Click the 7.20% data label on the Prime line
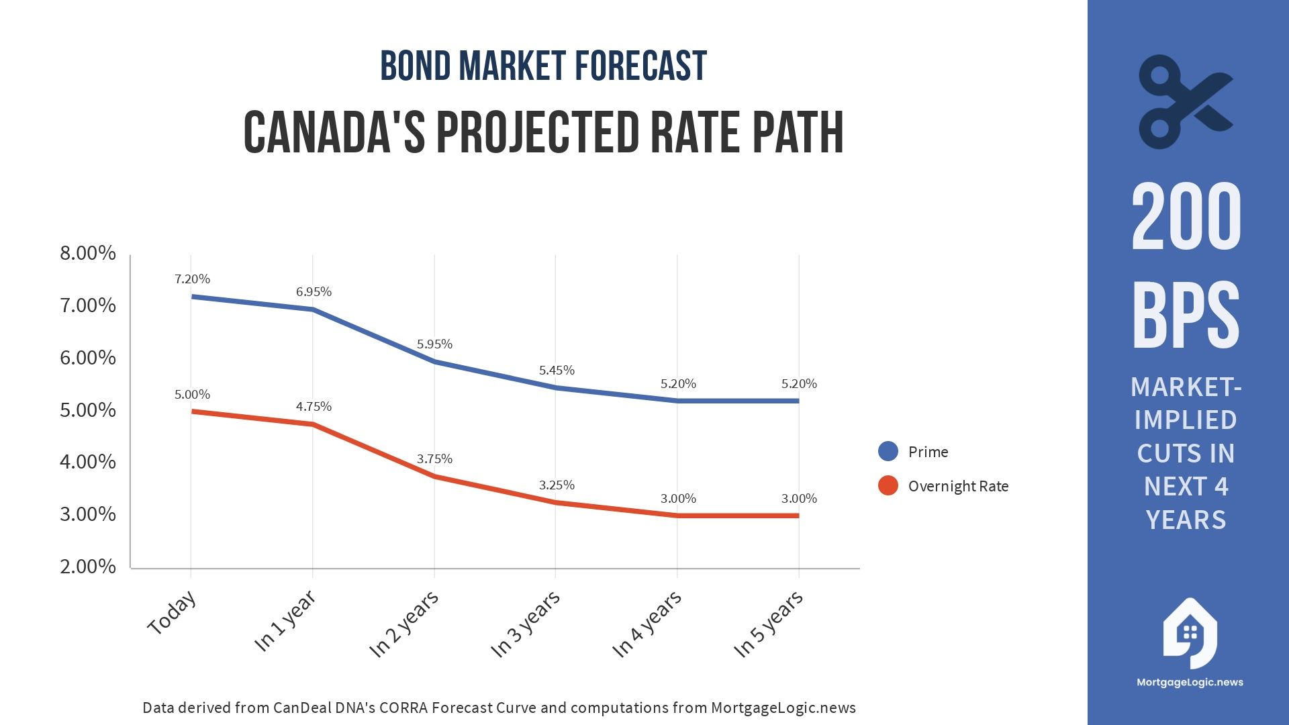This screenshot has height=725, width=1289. (192, 279)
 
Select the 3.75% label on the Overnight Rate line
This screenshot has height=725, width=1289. (434, 459)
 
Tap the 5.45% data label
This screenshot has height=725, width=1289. (557, 371)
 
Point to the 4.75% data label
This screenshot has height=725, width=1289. (314, 407)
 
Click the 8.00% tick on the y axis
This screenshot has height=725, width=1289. (88, 253)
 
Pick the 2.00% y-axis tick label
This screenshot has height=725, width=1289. (88, 567)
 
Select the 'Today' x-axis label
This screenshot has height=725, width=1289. (173, 612)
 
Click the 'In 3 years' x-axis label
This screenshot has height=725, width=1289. (526, 624)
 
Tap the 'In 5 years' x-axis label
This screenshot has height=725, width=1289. (768, 624)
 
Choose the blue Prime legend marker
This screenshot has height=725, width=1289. (888, 451)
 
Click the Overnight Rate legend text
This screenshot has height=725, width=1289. (958, 486)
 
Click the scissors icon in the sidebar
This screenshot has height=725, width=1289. (1185, 102)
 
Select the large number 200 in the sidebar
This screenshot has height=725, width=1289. (1186, 216)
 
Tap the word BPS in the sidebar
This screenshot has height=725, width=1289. (1186, 316)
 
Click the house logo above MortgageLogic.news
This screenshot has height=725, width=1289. (1190, 634)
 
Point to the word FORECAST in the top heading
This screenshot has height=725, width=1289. (640, 66)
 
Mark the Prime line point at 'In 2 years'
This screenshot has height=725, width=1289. (434, 362)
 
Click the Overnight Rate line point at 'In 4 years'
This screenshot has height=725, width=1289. (677, 516)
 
